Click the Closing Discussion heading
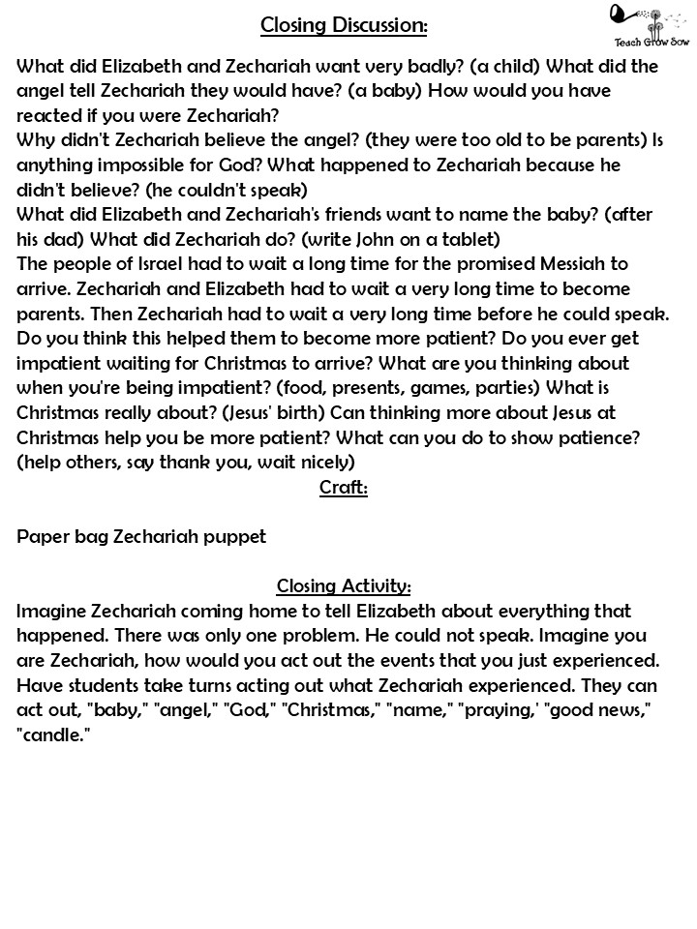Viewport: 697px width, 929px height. pos(344,25)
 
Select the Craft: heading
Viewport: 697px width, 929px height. pos(344,488)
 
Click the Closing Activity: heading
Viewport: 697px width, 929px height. pos(344,586)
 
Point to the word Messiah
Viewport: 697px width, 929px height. pos(566,264)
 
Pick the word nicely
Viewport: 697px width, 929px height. pos(318,463)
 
